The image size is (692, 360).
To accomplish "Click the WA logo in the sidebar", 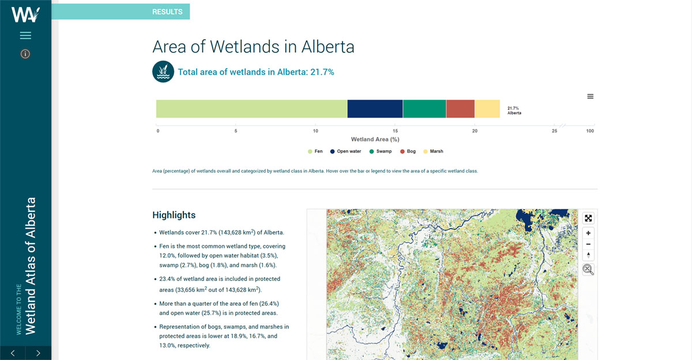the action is point(25,14).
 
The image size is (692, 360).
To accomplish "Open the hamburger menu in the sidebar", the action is point(25,36).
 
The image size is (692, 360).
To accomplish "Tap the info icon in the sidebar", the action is point(25,54).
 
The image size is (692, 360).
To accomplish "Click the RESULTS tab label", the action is point(167,12).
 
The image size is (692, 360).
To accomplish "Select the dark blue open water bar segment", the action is point(375,109).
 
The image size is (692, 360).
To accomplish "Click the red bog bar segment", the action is point(460,109).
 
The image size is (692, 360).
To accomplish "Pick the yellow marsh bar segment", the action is point(487,109).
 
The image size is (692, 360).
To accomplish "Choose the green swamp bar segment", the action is point(424,109).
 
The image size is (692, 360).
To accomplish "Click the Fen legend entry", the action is point(315,151).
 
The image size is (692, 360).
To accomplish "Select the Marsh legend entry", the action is point(433,151).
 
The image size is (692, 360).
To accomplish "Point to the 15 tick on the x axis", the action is point(395,131).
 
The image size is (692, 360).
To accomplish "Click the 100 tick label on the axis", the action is point(590,131).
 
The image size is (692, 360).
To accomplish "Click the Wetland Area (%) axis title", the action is point(375,140).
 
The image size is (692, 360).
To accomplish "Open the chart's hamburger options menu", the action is point(590,96).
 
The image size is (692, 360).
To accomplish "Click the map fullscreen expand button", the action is point(588,219).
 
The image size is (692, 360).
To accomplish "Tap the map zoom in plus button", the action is point(588,233).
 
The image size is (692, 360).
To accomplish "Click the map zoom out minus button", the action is point(588,244).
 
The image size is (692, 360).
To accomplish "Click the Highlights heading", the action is point(174,215).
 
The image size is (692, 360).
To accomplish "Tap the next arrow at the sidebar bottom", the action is point(38,353).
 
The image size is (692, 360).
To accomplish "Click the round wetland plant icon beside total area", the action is point(163,72).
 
